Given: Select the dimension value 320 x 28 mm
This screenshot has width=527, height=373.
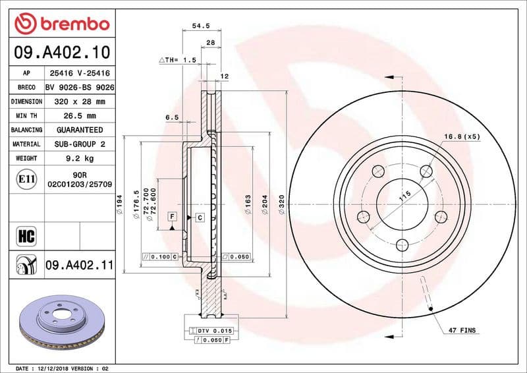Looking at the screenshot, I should point(80,101).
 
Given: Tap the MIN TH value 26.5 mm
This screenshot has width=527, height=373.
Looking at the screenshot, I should point(80,116).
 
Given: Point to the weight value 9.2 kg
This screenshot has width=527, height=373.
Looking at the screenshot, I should point(80,158).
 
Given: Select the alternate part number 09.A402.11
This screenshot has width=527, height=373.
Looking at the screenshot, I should point(80,266).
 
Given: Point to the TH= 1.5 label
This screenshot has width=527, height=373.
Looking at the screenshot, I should point(178,60).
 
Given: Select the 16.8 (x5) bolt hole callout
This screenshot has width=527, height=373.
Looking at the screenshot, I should point(462,136).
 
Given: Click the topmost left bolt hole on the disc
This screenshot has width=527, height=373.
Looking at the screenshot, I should point(378,171).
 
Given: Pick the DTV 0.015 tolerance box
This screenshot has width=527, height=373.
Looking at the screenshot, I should point(210,330).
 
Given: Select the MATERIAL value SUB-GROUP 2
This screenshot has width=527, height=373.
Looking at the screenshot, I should point(80,144).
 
